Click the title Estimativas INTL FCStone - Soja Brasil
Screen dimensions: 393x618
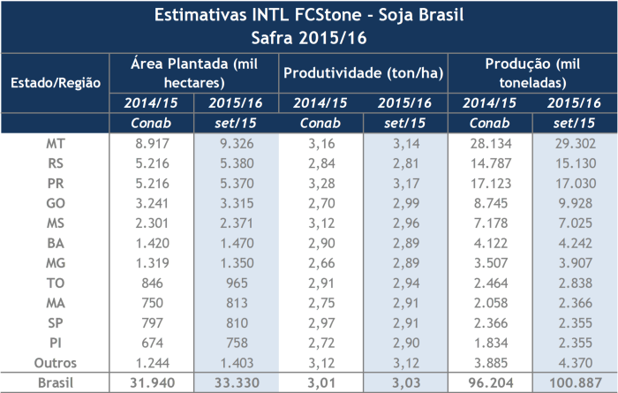[308, 16]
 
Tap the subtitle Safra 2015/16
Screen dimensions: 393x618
[308, 38]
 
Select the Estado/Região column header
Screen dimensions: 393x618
[55, 82]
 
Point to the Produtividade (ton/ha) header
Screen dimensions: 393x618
[363, 72]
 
